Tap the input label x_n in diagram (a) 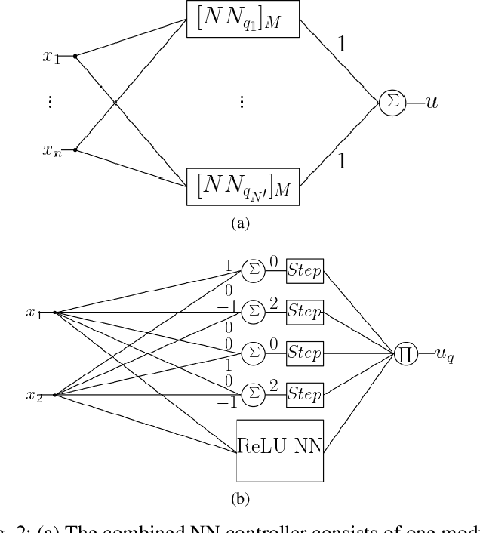click(51, 149)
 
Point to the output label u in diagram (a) click(431, 101)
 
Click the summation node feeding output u click(392, 102)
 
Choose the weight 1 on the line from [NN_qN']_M click(341, 161)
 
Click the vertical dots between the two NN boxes click(241, 102)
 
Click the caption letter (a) click(241, 223)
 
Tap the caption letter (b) click(241, 498)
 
